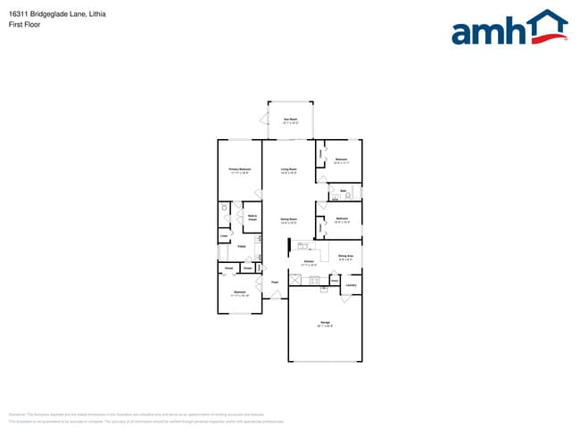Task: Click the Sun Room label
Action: (x=290, y=119)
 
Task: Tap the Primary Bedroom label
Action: (x=239, y=169)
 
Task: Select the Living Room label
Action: (x=288, y=169)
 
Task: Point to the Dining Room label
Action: (x=288, y=219)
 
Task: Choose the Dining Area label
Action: (x=345, y=257)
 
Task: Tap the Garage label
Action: (x=325, y=323)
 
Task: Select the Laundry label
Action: (x=351, y=285)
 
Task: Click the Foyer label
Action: (x=275, y=283)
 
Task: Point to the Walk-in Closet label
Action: (x=253, y=217)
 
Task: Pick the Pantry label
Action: (x=242, y=246)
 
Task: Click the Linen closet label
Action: (x=224, y=236)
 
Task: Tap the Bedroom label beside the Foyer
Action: (x=239, y=292)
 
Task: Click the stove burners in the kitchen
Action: (x=314, y=281)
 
